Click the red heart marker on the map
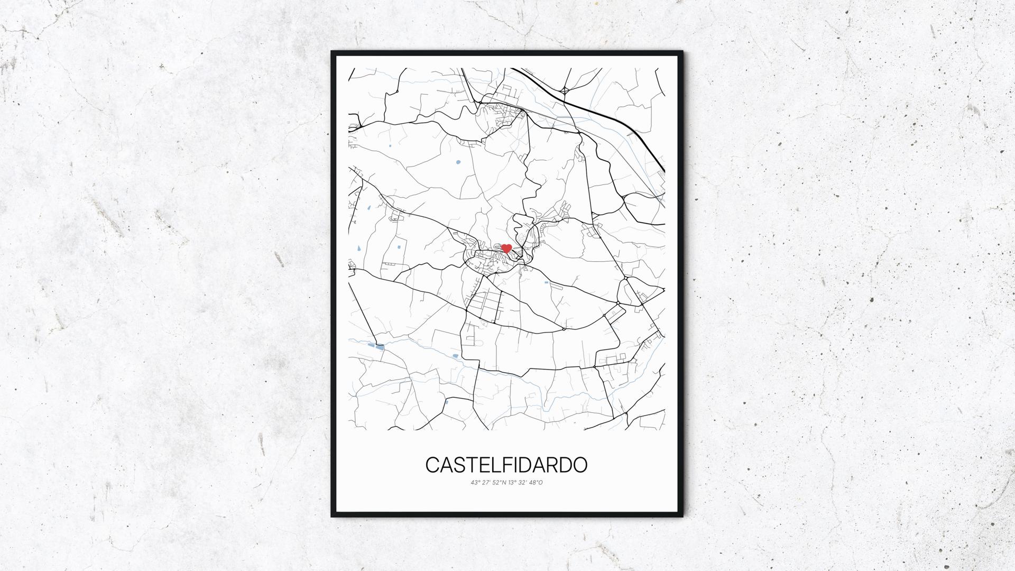[x=506, y=248]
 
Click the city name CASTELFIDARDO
[x=506, y=465]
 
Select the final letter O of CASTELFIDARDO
[x=580, y=465]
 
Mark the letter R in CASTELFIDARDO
[x=551, y=465]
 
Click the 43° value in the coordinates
[x=474, y=482]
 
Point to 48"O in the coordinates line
[x=536, y=482]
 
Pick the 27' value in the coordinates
[x=485, y=482]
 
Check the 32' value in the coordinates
[x=523, y=482]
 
